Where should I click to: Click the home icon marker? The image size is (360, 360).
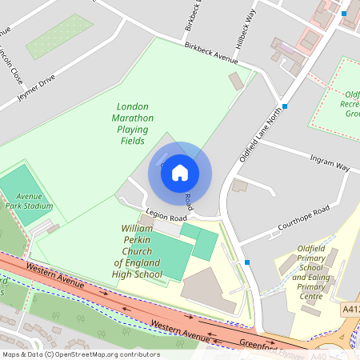(180, 172)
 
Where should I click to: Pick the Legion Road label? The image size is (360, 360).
(166, 218)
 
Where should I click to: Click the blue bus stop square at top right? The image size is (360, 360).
(344, 14)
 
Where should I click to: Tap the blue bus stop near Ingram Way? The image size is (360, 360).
(285, 106)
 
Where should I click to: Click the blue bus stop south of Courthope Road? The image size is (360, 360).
(247, 262)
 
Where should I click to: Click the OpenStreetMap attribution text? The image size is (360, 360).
(80, 354)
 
